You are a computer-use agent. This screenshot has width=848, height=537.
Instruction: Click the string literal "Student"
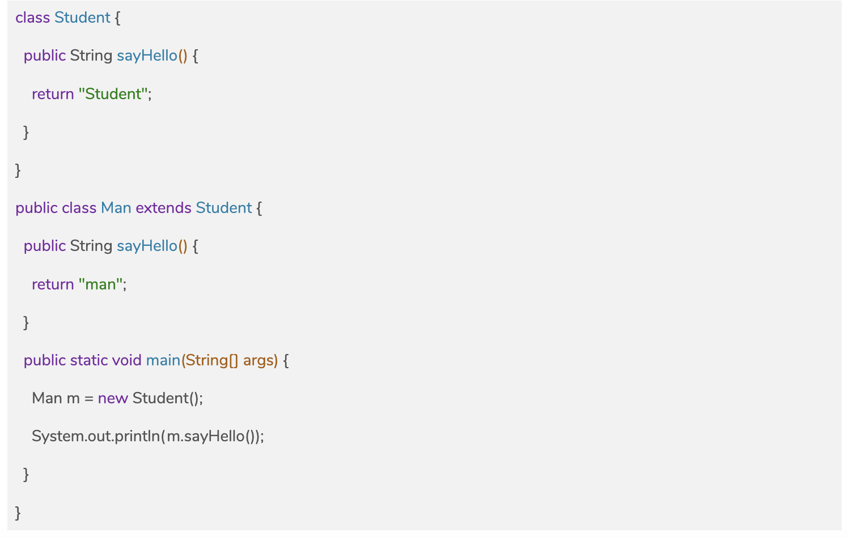[x=113, y=94]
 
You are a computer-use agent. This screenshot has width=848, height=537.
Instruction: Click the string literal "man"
[x=100, y=284]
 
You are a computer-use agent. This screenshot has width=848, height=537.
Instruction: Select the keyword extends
[x=164, y=208]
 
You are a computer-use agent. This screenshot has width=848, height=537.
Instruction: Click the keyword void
[x=127, y=360]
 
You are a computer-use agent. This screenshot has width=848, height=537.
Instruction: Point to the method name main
[x=163, y=360]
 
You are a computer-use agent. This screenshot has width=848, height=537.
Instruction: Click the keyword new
[x=113, y=398]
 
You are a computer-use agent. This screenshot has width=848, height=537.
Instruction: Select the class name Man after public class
[x=116, y=208]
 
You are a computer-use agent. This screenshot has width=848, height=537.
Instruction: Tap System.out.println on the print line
[x=96, y=436]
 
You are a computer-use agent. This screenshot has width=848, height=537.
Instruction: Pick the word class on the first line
[x=32, y=18]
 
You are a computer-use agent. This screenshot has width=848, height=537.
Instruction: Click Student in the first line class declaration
[x=82, y=18]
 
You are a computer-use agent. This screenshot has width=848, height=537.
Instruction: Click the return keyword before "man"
[x=53, y=284]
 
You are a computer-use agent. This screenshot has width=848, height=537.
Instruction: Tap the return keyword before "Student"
[x=53, y=94]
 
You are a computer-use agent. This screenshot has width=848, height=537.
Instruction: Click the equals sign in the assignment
[x=89, y=399]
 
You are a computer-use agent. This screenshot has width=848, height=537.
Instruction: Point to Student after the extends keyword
[x=224, y=208]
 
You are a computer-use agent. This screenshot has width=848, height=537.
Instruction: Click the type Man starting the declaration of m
[x=47, y=398]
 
